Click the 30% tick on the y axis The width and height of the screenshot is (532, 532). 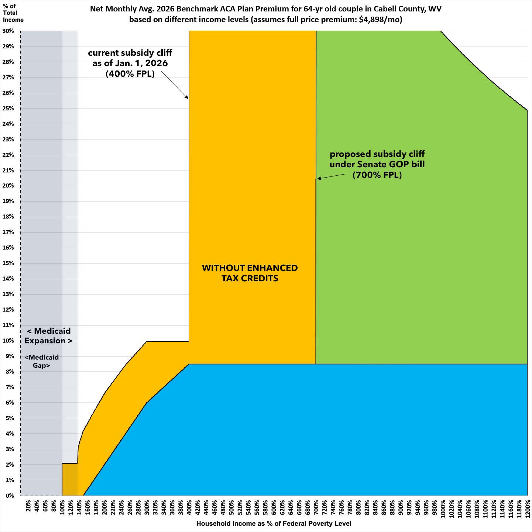[9, 31]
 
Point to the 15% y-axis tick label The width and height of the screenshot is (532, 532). [9, 263]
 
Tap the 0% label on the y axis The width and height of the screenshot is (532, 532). [10, 496]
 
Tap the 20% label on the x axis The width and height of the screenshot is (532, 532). [29, 506]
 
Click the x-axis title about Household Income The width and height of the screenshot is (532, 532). [274, 524]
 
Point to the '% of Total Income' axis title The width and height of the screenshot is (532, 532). [13, 13]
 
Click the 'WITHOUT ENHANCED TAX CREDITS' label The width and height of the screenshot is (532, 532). [250, 273]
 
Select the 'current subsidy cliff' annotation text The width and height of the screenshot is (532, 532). [130, 63]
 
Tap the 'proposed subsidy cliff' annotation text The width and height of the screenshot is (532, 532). [377, 164]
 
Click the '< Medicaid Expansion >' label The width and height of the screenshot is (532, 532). [49, 336]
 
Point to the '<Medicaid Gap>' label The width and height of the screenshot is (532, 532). [42, 361]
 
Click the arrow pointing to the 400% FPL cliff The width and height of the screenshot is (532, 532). [175, 85]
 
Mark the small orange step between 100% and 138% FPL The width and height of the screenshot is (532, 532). [70, 479]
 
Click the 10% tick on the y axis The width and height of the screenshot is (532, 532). [9, 341]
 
